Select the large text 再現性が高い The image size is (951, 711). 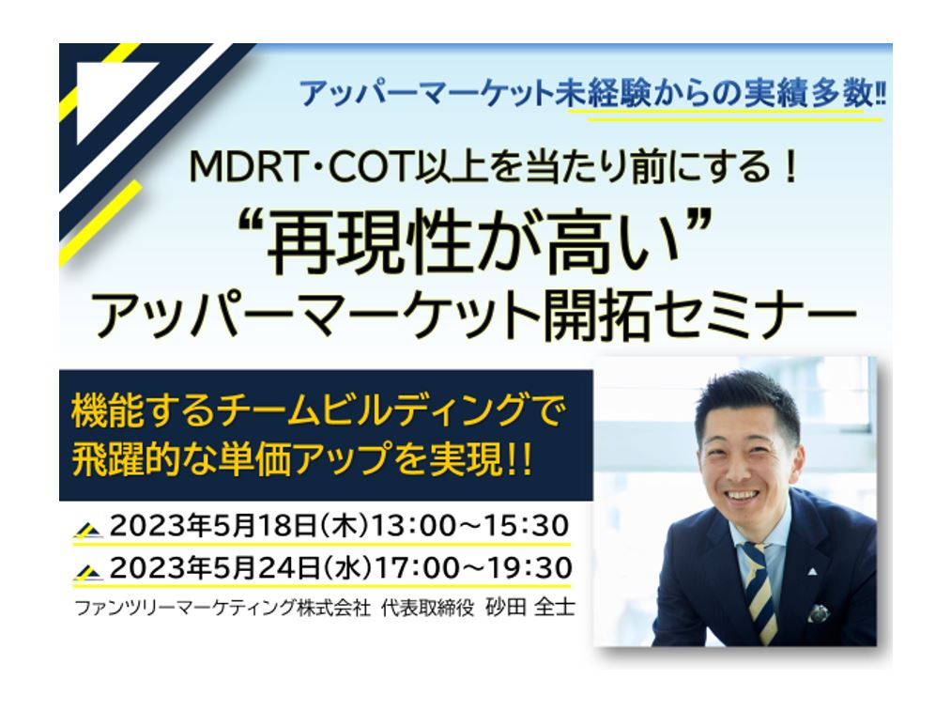pos(473,242)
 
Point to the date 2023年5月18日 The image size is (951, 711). pos(212,525)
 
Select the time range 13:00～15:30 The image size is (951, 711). pos(470,525)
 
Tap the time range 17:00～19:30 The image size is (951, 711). pos(472,568)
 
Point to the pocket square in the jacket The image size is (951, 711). pos(820,612)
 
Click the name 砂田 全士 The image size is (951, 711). pos(529,608)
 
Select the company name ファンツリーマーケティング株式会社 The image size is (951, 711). pos(222,608)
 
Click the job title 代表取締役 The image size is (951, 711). pos(427,608)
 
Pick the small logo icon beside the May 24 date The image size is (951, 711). pos(88,572)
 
